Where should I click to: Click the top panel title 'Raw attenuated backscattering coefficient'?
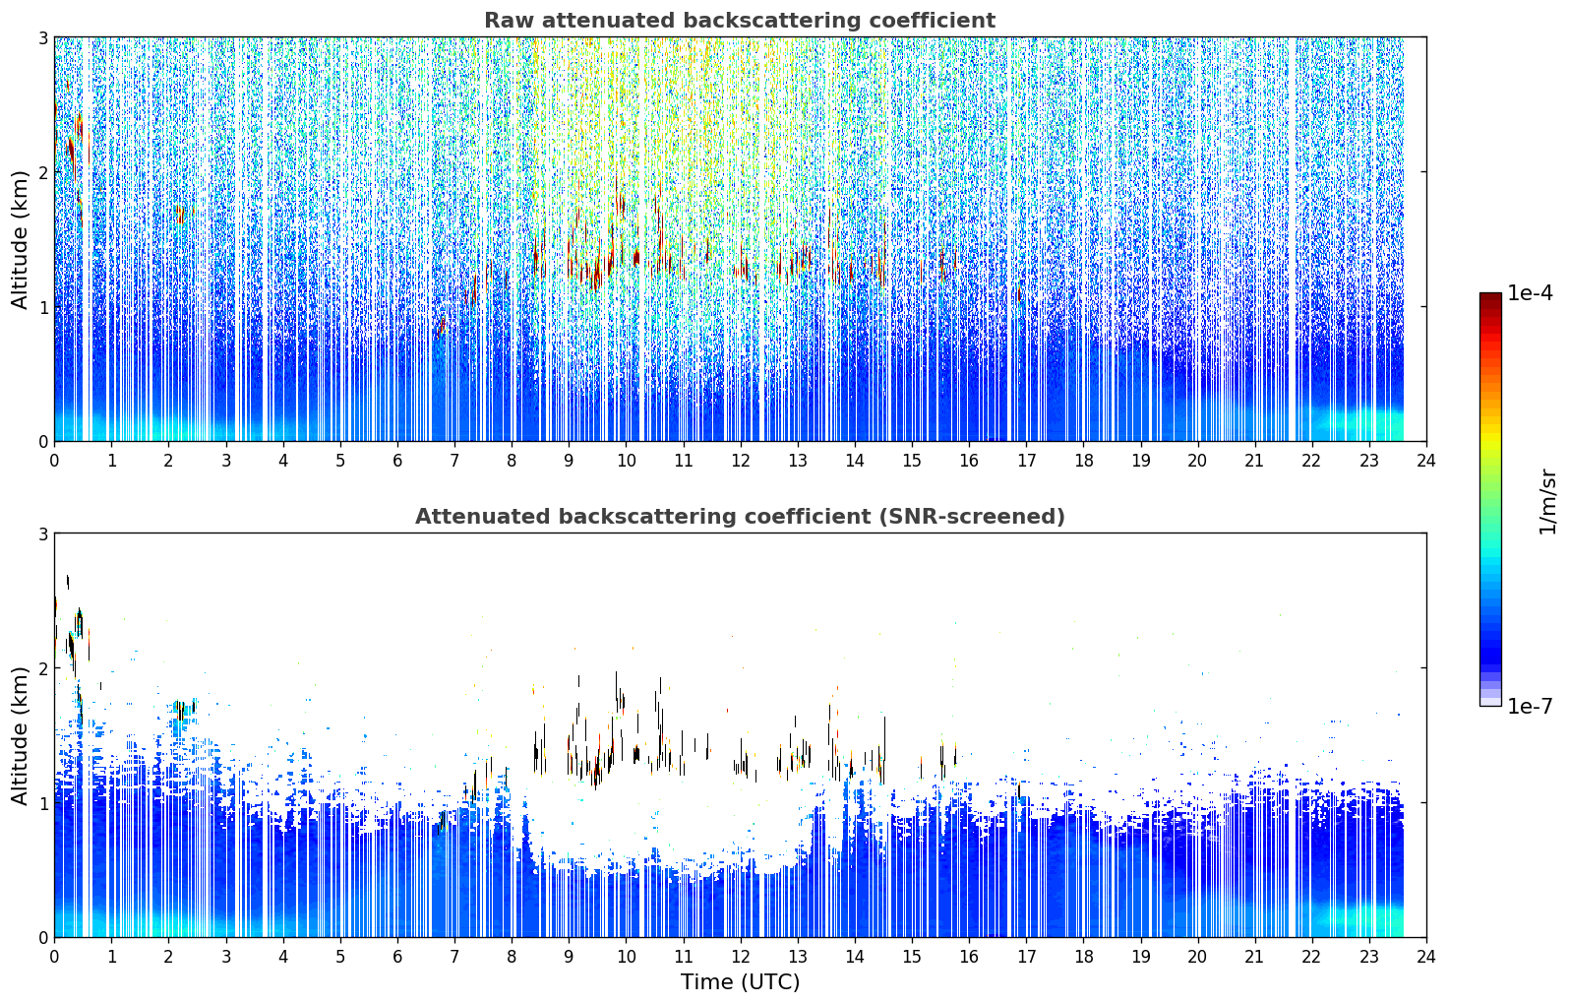pos(740,21)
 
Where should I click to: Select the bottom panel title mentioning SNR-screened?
pos(740,517)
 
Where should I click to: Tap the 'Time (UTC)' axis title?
pos(740,981)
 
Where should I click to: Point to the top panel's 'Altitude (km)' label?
pos(20,239)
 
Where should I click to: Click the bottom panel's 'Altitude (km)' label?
pos(20,735)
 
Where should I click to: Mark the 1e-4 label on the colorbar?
pos(1530,293)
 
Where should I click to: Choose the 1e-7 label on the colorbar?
pos(1530,706)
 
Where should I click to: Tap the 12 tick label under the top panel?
pos(741,461)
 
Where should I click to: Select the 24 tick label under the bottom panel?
pos(1426,957)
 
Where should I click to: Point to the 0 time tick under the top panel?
pos(55,461)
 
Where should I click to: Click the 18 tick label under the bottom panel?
pos(1084,957)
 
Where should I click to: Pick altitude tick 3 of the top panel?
pos(42,37)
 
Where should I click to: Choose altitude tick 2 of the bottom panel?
pos(42,668)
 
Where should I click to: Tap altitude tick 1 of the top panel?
pos(42,307)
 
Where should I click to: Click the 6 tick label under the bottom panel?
pos(397,957)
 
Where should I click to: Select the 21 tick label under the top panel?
pos(1254,461)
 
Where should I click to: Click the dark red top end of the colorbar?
pos(1490,296)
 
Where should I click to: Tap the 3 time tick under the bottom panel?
pos(226,957)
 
